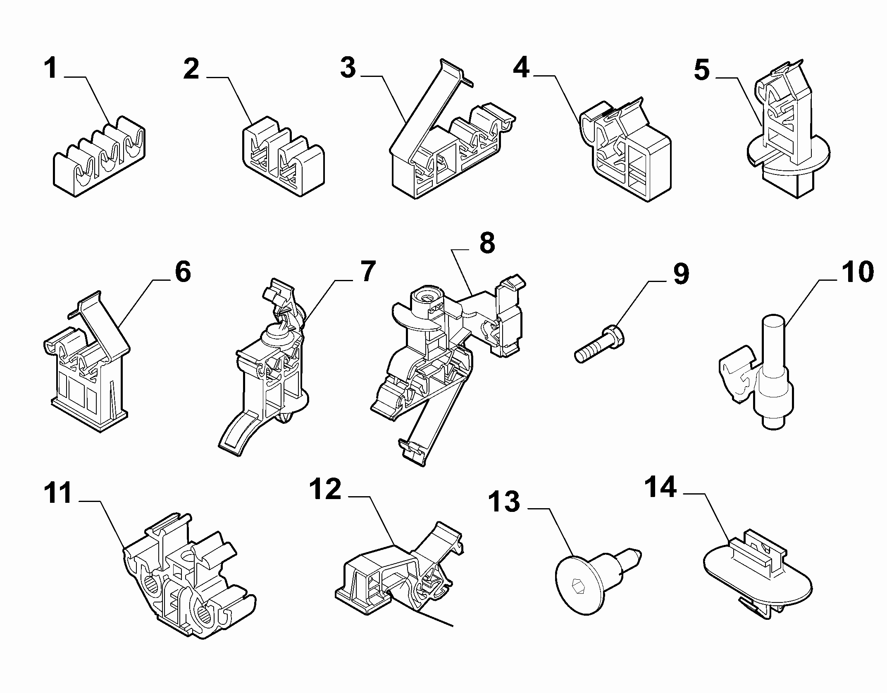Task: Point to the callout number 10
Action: tap(857, 272)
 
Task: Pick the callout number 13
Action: tap(504, 502)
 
